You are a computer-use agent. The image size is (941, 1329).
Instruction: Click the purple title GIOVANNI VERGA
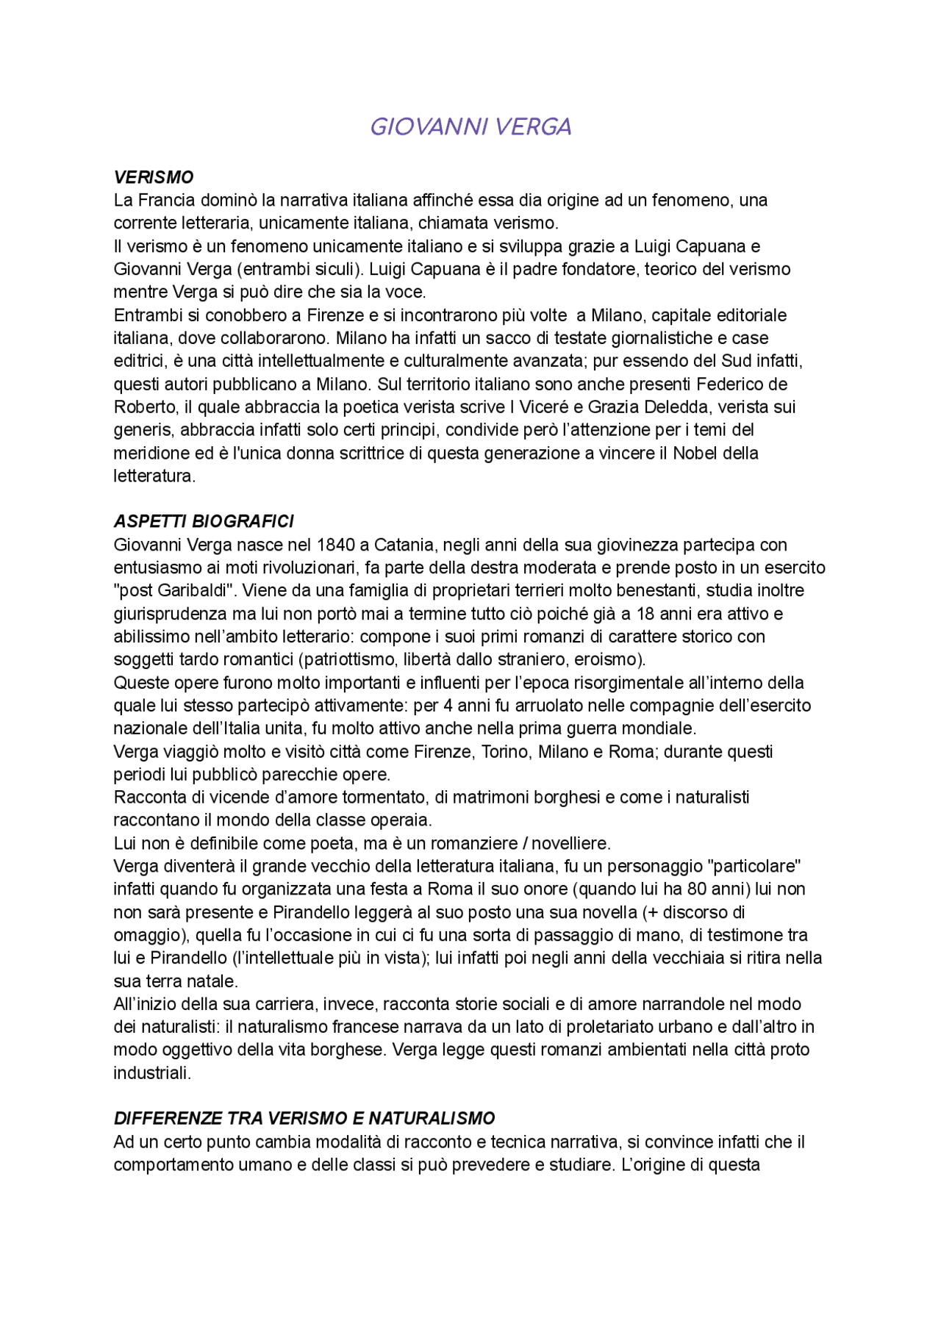470,126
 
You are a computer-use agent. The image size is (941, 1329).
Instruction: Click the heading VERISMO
154,177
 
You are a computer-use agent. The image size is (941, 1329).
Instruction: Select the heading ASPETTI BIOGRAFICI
204,521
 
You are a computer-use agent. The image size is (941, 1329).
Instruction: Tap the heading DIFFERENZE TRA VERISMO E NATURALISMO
304,1118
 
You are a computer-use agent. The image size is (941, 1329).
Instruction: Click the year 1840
336,545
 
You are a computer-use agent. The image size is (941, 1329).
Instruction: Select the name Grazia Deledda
639,406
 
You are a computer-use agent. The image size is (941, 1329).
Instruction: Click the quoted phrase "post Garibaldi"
173,590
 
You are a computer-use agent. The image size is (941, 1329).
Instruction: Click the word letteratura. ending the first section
154,476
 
